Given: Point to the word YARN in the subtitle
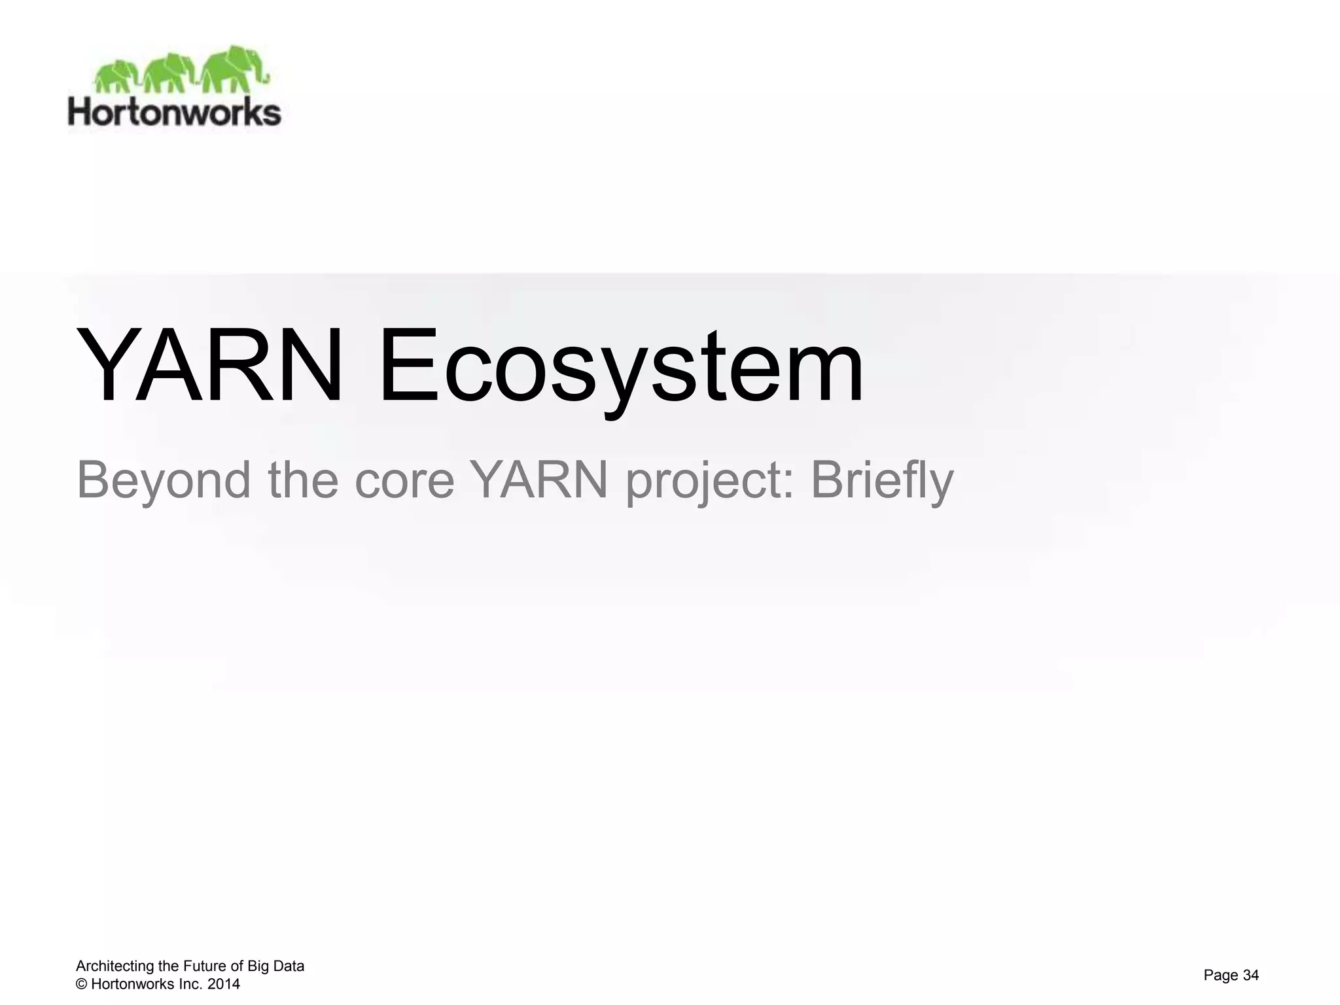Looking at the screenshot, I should [x=540, y=480].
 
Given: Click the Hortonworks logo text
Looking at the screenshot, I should [x=175, y=113].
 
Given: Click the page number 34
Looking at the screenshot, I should [x=1250, y=976].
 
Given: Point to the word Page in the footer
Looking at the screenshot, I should [x=1221, y=976].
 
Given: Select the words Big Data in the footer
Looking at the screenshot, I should [x=275, y=966].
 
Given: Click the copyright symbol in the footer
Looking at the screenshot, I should [x=82, y=984].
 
